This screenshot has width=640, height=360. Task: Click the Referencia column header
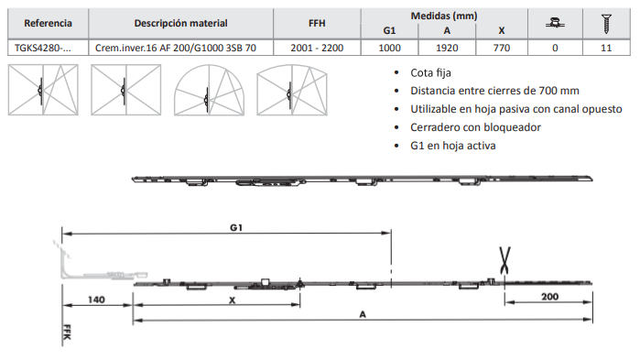pos(48,23)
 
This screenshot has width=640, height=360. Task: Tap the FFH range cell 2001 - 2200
pos(317,48)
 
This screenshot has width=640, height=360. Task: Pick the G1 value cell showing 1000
pos(389,48)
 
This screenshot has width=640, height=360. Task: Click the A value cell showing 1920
pos(447,48)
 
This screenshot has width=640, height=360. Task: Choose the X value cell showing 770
pos(501,48)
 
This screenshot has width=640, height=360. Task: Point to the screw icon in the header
pos(606,24)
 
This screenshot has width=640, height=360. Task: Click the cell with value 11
pos(606,48)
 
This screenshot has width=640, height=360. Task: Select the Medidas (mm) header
pos(444,16)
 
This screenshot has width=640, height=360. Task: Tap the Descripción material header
pos(180,23)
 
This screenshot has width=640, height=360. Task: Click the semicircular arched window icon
pos(209,90)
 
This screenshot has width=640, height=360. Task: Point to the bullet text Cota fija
pos(430,73)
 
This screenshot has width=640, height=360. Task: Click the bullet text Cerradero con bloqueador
pos(475,127)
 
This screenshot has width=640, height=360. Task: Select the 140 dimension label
pos(96,300)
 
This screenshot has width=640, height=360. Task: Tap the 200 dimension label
pos(549,297)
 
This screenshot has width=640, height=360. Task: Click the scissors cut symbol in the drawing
pos(504,260)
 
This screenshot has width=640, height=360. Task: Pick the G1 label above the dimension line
pos(236,227)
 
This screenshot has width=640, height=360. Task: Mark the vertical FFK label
pos(68,332)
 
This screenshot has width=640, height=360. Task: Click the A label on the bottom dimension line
pos(363,314)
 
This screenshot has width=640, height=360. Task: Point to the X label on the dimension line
pos(233,300)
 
